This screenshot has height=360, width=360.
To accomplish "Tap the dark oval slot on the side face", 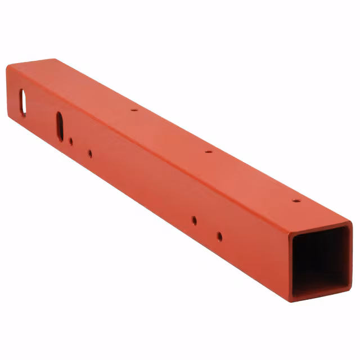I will [x=60, y=123].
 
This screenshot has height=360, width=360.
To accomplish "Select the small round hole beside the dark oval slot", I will [x=71, y=142].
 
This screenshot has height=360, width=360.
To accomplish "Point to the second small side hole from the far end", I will [x=90, y=152].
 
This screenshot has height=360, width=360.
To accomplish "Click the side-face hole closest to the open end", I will [x=219, y=236].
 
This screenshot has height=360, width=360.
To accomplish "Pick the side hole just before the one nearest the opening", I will [x=194, y=220].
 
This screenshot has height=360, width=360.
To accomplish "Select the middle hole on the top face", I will [x=208, y=151].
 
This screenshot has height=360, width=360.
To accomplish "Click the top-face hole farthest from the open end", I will [x=134, y=110].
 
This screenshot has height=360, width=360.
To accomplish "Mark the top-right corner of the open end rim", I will [x=349, y=223].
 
